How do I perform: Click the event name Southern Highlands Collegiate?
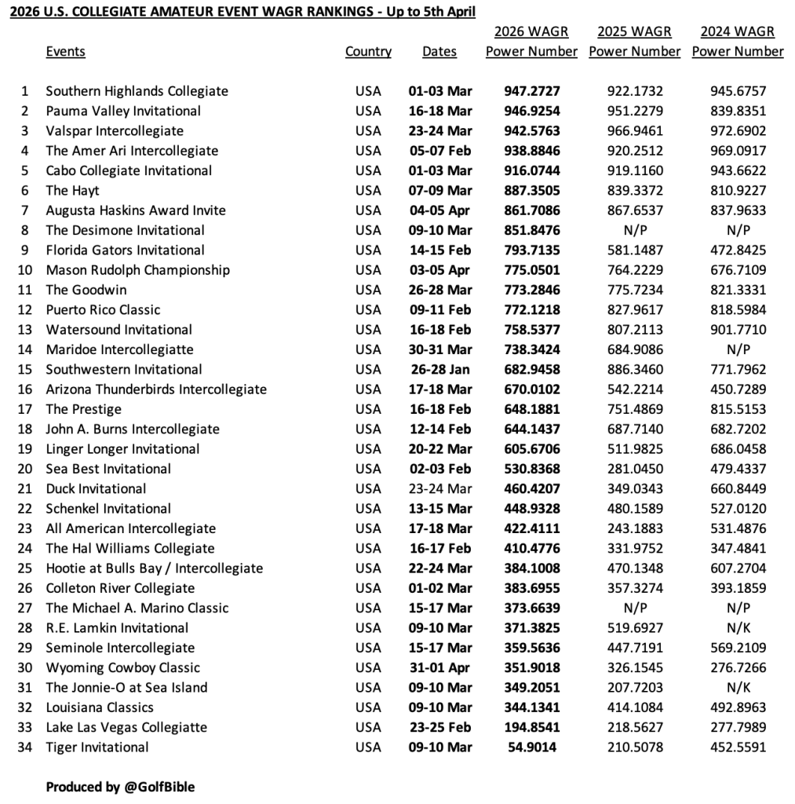(x=137, y=91)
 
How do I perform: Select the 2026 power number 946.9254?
(x=531, y=111)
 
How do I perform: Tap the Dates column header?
(x=439, y=51)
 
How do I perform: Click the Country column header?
(x=367, y=51)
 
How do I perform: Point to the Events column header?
(x=65, y=51)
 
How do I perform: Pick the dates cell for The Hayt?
(x=440, y=190)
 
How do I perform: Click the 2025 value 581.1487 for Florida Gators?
(x=635, y=250)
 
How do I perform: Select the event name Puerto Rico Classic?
(x=103, y=309)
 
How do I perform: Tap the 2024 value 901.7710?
(x=738, y=329)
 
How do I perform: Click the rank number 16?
(x=25, y=389)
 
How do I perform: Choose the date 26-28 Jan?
(x=440, y=369)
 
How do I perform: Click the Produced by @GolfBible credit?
(x=120, y=786)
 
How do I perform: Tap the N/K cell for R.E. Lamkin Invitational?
(x=738, y=627)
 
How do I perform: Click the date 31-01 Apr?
(x=440, y=667)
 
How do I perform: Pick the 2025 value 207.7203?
(x=635, y=687)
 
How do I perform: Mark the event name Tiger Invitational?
(x=97, y=747)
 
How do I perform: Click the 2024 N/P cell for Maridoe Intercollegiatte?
(x=738, y=349)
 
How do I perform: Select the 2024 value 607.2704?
(x=738, y=568)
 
